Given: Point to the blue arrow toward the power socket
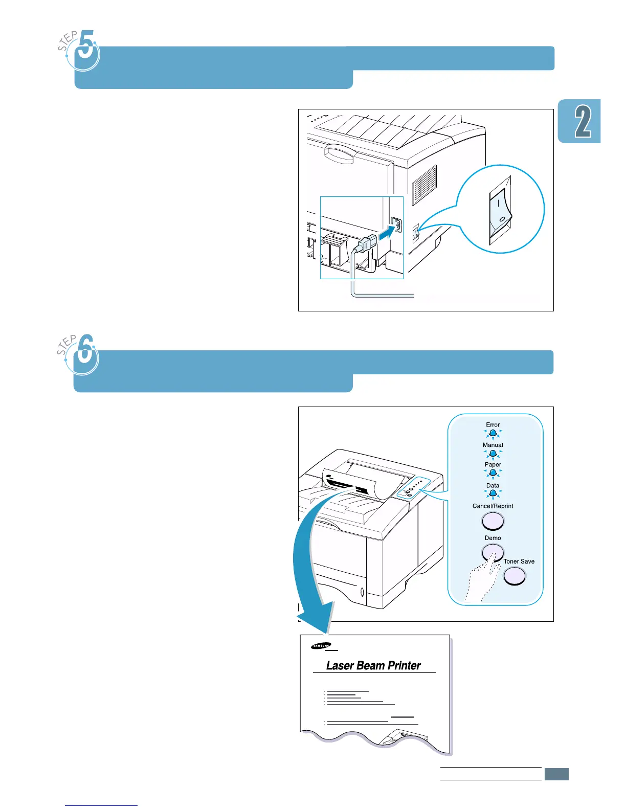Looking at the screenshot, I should point(386,233).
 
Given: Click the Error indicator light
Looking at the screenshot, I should point(493,434).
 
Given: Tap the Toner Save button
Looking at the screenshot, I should point(515,576).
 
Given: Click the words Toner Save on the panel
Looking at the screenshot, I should point(519,561).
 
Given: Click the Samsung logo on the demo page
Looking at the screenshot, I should point(321,646).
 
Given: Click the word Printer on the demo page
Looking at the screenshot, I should point(404,666).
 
